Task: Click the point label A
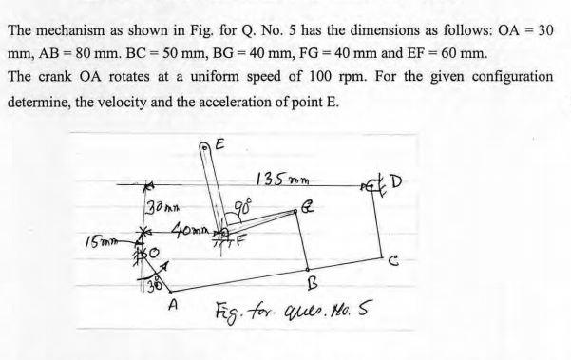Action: click(x=173, y=306)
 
